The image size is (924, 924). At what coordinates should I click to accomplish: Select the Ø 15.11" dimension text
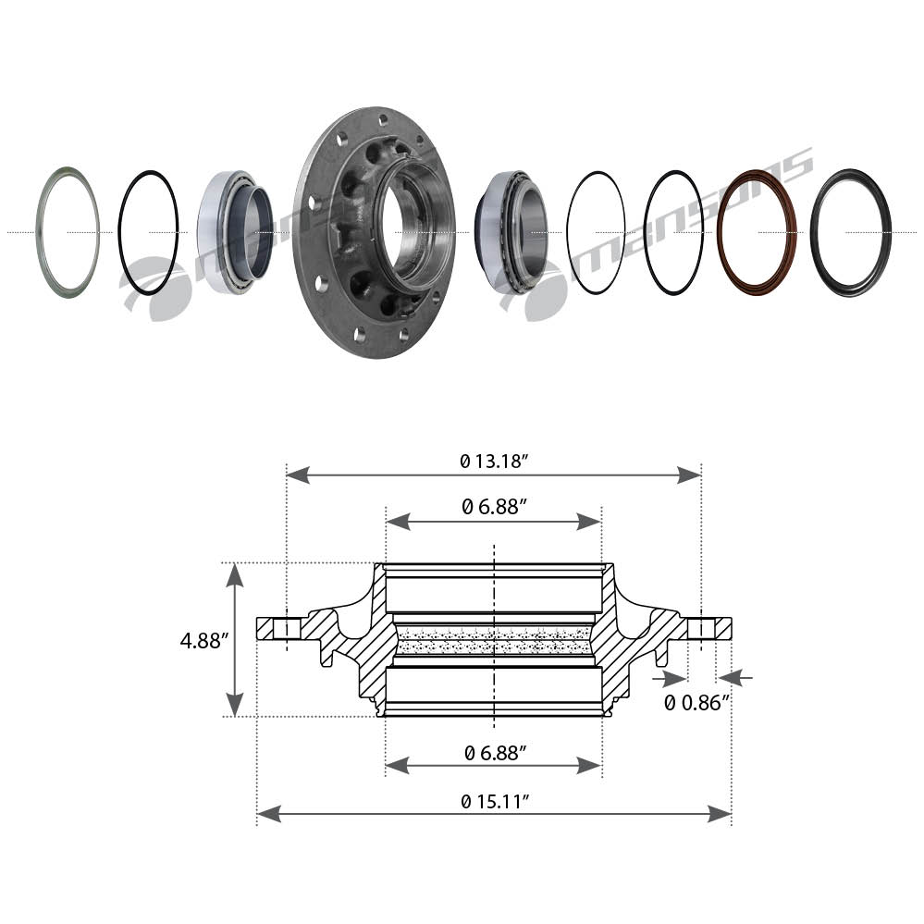point(494,801)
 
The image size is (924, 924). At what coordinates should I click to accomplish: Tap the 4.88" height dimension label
point(201,641)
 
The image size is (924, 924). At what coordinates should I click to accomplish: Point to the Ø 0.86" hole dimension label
point(697,702)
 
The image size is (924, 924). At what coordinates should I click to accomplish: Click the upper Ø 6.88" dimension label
point(494,506)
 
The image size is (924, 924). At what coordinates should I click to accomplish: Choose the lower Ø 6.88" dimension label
point(495,753)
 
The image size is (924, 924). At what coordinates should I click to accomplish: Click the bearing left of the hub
point(235,232)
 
